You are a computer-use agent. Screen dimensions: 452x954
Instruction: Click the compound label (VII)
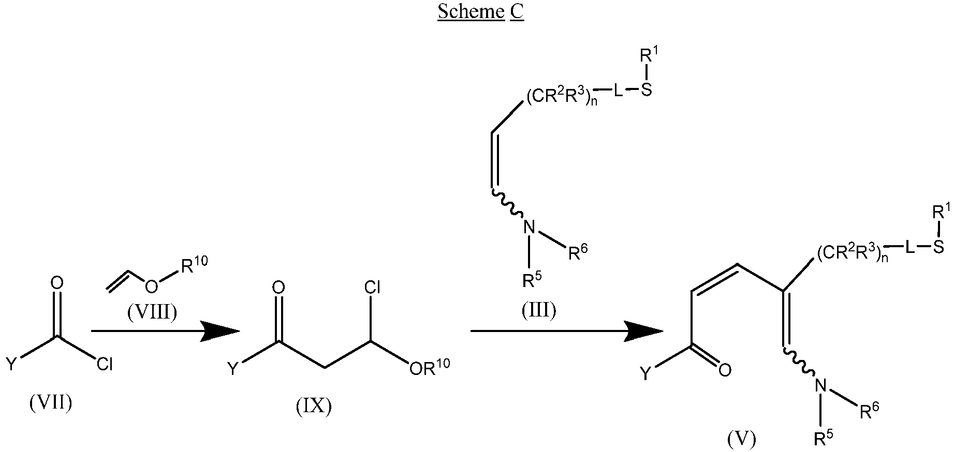click(x=50, y=402)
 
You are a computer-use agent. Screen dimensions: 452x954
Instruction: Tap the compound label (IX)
click(x=314, y=406)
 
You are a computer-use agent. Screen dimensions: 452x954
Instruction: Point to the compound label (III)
click(x=539, y=310)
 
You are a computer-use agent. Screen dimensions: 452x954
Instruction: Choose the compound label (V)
click(x=741, y=439)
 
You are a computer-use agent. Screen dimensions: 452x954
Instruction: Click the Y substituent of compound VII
click(x=11, y=365)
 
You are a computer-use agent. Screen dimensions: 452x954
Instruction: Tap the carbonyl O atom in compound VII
click(x=57, y=283)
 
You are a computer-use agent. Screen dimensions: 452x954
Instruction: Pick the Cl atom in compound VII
click(x=105, y=365)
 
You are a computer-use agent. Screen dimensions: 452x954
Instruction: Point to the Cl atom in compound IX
click(x=372, y=288)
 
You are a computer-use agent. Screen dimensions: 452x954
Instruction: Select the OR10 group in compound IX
click(x=429, y=367)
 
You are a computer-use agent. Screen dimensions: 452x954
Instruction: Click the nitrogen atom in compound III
click(x=529, y=227)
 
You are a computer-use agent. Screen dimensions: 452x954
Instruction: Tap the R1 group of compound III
click(x=647, y=55)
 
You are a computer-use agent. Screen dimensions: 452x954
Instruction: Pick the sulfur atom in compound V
click(x=938, y=248)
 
